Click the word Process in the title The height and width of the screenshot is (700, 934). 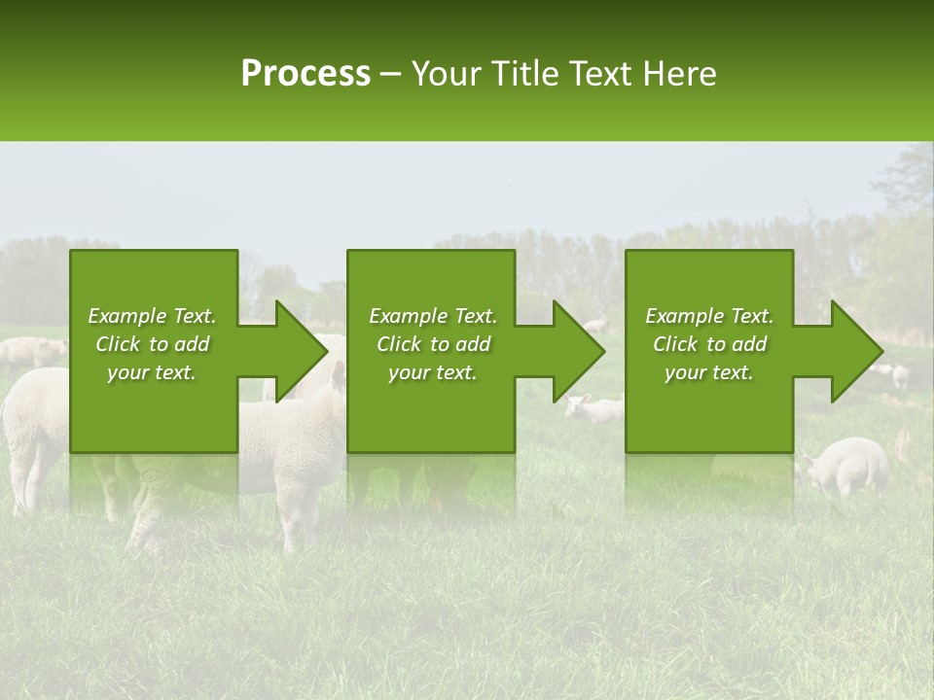[x=305, y=73]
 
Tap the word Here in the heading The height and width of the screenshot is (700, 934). [x=678, y=73]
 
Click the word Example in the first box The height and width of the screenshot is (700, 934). [x=127, y=316]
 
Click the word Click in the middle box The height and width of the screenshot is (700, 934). [x=397, y=344]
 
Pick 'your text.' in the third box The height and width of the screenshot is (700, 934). [x=708, y=372]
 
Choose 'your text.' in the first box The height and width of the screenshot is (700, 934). [x=152, y=372]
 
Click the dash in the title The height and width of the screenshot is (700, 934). [x=391, y=73]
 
